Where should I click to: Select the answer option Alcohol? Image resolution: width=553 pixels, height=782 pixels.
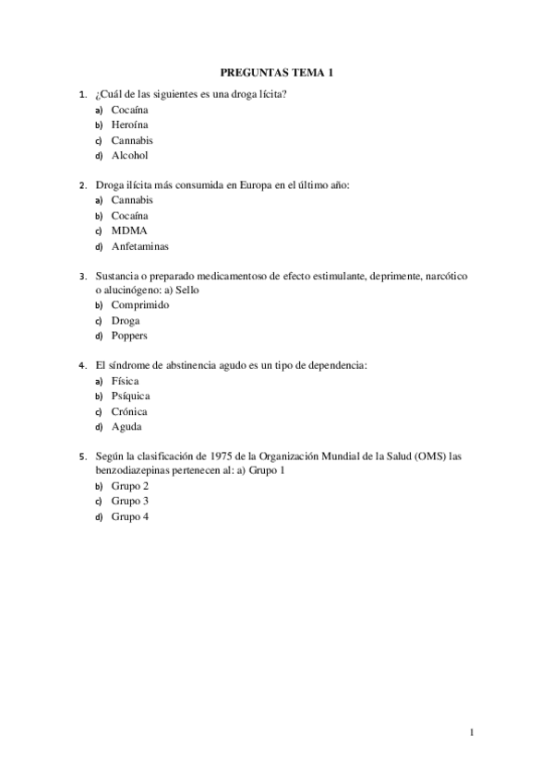tap(129, 156)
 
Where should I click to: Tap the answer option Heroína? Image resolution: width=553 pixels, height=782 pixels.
tap(130, 124)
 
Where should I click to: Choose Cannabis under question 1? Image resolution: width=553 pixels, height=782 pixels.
tap(132, 140)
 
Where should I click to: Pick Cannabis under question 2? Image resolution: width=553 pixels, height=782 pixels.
tap(132, 199)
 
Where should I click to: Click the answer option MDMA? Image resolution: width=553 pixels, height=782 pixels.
tap(129, 231)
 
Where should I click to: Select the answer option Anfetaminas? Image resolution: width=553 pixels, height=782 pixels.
tap(139, 246)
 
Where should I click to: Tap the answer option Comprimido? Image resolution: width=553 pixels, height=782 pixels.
tap(140, 305)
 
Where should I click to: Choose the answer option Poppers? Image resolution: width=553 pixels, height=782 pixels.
tap(129, 336)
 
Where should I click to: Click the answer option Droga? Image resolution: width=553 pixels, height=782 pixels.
tap(126, 321)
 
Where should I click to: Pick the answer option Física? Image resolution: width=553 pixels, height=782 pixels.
tap(126, 381)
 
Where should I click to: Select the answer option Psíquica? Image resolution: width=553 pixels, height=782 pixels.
tap(130, 396)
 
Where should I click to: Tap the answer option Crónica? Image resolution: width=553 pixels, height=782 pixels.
tap(129, 411)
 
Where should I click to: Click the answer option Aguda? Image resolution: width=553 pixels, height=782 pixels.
tap(126, 427)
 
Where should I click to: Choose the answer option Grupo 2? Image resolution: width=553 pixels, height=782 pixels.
tap(130, 486)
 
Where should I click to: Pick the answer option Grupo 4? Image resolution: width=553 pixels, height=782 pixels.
tap(130, 516)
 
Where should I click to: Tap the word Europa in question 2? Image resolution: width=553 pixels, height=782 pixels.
tap(251, 184)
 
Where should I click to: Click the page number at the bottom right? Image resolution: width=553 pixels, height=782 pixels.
tap(472, 734)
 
